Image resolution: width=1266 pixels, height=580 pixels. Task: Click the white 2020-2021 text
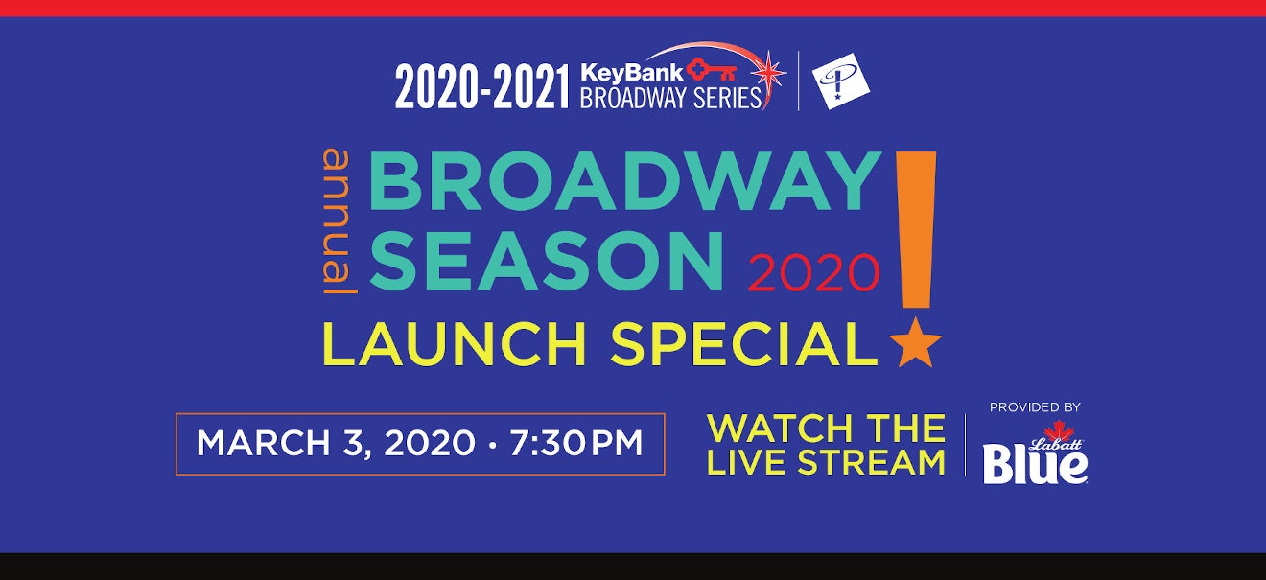[x=481, y=86]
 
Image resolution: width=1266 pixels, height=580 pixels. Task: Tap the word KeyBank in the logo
[x=632, y=73]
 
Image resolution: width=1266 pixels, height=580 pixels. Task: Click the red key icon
[x=712, y=70]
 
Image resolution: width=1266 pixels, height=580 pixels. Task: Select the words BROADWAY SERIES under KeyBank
[x=670, y=99]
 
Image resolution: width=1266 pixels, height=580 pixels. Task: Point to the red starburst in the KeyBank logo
[x=767, y=73]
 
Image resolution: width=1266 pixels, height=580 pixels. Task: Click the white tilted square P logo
[x=840, y=81]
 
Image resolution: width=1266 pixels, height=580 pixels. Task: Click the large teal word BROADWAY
[x=625, y=181]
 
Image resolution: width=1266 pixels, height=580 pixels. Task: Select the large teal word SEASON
[x=546, y=262]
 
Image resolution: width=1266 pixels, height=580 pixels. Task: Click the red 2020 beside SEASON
[x=814, y=273]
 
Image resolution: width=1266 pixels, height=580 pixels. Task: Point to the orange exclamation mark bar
[x=916, y=229]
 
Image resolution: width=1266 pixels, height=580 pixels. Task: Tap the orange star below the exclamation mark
[x=915, y=343]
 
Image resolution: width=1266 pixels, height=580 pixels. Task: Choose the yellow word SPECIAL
[x=744, y=344]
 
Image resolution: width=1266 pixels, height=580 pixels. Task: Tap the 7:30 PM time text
[x=576, y=443]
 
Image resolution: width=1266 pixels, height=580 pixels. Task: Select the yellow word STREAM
[x=872, y=462]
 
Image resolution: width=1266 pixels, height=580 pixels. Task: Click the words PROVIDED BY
[x=1035, y=407]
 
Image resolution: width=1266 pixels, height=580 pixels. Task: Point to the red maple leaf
[x=1058, y=431]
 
